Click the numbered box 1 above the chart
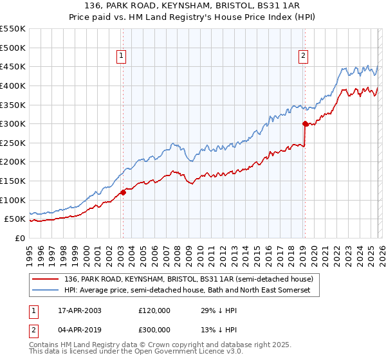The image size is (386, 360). click(122, 57)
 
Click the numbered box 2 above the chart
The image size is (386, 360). click(304, 57)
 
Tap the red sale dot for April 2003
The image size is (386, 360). click(123, 192)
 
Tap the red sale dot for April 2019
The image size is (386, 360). click(305, 123)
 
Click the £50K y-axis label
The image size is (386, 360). click(15, 219)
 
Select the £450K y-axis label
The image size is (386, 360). click(13, 66)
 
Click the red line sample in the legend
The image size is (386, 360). click(46, 279)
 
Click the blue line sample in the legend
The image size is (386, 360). click(46, 291)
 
